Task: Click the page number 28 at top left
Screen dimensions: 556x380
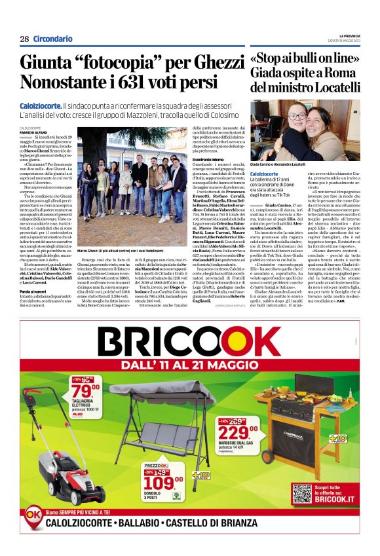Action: pos(24,39)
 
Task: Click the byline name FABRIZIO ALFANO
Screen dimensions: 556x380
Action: pos(32,134)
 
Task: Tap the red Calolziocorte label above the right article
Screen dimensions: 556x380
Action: pos(269,174)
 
